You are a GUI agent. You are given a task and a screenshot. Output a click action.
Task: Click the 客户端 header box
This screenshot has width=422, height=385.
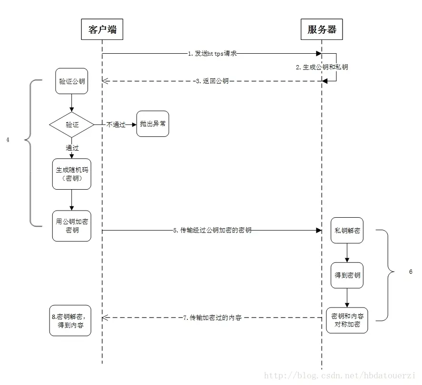(102, 29)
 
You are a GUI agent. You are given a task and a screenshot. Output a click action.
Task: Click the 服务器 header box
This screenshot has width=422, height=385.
(322, 29)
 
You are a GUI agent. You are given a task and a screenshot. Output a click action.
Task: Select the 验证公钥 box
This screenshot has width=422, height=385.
(72, 81)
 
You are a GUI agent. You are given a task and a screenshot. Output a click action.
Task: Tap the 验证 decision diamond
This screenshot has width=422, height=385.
(72, 125)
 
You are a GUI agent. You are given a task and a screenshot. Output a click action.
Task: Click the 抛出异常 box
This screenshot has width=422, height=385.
(153, 124)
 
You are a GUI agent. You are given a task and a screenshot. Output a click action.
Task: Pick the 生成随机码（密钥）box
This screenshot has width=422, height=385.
(72, 174)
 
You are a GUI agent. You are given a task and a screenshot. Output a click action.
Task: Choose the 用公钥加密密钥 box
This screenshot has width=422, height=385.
(72, 226)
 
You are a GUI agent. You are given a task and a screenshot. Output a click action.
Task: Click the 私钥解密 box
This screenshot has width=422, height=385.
(347, 230)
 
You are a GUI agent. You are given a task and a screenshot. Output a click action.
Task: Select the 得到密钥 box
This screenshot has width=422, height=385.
(347, 275)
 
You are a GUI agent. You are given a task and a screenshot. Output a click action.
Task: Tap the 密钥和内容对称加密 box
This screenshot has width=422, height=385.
(347, 320)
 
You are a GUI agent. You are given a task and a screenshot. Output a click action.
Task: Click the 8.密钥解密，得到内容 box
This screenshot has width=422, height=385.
(70, 320)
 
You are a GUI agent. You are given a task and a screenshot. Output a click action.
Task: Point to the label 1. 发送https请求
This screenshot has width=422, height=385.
(212, 54)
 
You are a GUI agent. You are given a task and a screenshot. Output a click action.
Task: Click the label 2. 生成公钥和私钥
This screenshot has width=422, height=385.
(322, 67)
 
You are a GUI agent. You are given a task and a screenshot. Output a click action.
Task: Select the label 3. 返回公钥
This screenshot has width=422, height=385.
(212, 81)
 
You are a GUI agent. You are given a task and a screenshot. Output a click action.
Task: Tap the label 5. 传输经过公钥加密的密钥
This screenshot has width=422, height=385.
(212, 230)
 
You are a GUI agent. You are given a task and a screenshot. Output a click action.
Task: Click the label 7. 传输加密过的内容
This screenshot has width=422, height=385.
(213, 317)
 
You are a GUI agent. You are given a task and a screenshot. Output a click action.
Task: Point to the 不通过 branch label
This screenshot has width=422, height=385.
(116, 125)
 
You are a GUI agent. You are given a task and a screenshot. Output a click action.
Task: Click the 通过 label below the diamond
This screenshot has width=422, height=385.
(72, 148)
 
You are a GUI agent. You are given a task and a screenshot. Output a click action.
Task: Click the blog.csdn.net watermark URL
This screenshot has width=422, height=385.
(340, 375)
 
